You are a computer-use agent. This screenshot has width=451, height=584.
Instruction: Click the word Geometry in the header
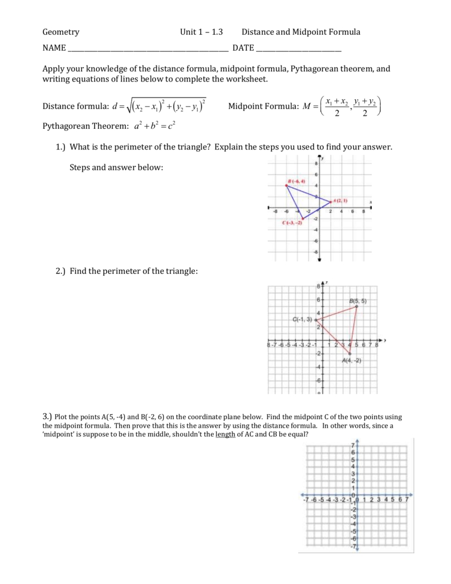click(x=61, y=33)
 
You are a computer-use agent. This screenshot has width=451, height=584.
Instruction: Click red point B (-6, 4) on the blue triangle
click(x=287, y=185)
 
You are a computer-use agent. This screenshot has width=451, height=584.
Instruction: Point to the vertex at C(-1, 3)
click(x=315, y=321)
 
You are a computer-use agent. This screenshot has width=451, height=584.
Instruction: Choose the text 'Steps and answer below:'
click(x=116, y=167)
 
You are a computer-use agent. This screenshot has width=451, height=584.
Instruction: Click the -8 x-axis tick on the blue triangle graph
click(x=275, y=211)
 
